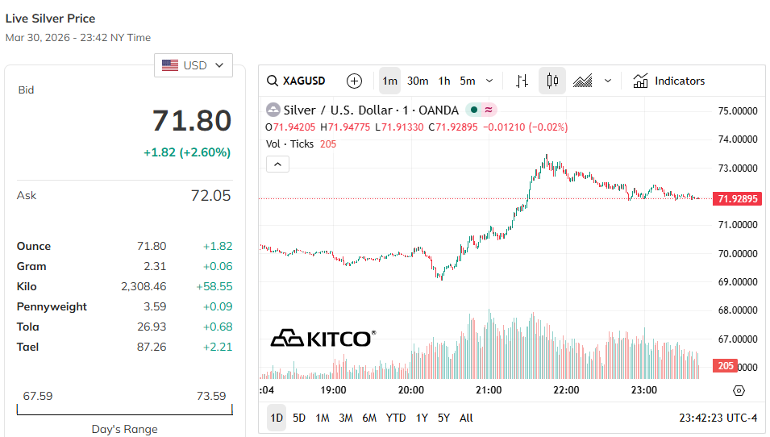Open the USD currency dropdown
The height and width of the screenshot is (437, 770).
(x=194, y=65)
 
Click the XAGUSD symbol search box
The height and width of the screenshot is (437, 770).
(x=298, y=81)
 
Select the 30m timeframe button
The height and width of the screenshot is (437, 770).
(x=418, y=81)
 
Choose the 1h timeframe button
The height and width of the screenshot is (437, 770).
(x=444, y=81)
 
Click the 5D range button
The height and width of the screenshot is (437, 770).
(x=299, y=418)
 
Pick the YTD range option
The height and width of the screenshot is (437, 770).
(x=396, y=418)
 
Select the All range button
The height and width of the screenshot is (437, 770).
(x=466, y=418)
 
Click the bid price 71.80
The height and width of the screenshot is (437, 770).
(x=192, y=121)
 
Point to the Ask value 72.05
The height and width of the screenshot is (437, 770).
(x=211, y=195)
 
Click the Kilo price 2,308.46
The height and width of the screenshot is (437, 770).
(x=144, y=286)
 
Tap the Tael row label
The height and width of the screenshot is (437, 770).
(x=28, y=347)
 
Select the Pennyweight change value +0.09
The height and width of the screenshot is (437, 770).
(x=214, y=306)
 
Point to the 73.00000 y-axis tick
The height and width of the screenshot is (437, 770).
(x=738, y=168)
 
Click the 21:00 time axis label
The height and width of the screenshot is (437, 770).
(x=489, y=390)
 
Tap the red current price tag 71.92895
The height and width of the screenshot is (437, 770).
(x=738, y=198)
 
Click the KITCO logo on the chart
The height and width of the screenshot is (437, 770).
(x=323, y=338)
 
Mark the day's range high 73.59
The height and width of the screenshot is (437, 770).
(x=210, y=396)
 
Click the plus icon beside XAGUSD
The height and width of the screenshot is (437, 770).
(x=354, y=81)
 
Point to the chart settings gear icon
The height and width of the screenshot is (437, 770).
(x=739, y=390)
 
